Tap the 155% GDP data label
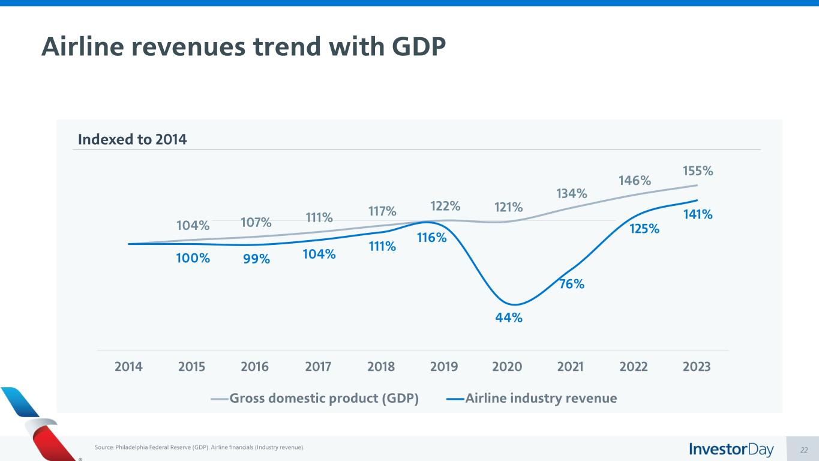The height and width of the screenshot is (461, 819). (x=698, y=171)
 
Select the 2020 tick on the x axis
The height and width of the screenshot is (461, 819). (x=507, y=367)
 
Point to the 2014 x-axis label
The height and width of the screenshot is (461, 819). (x=128, y=367)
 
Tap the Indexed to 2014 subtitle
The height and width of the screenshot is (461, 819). (x=133, y=140)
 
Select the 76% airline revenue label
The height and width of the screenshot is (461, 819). (x=572, y=284)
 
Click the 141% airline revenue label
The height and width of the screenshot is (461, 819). (x=698, y=214)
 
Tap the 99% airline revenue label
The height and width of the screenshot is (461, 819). (x=256, y=259)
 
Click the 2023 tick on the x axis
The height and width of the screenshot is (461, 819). (x=696, y=367)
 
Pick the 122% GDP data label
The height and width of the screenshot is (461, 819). (x=445, y=206)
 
